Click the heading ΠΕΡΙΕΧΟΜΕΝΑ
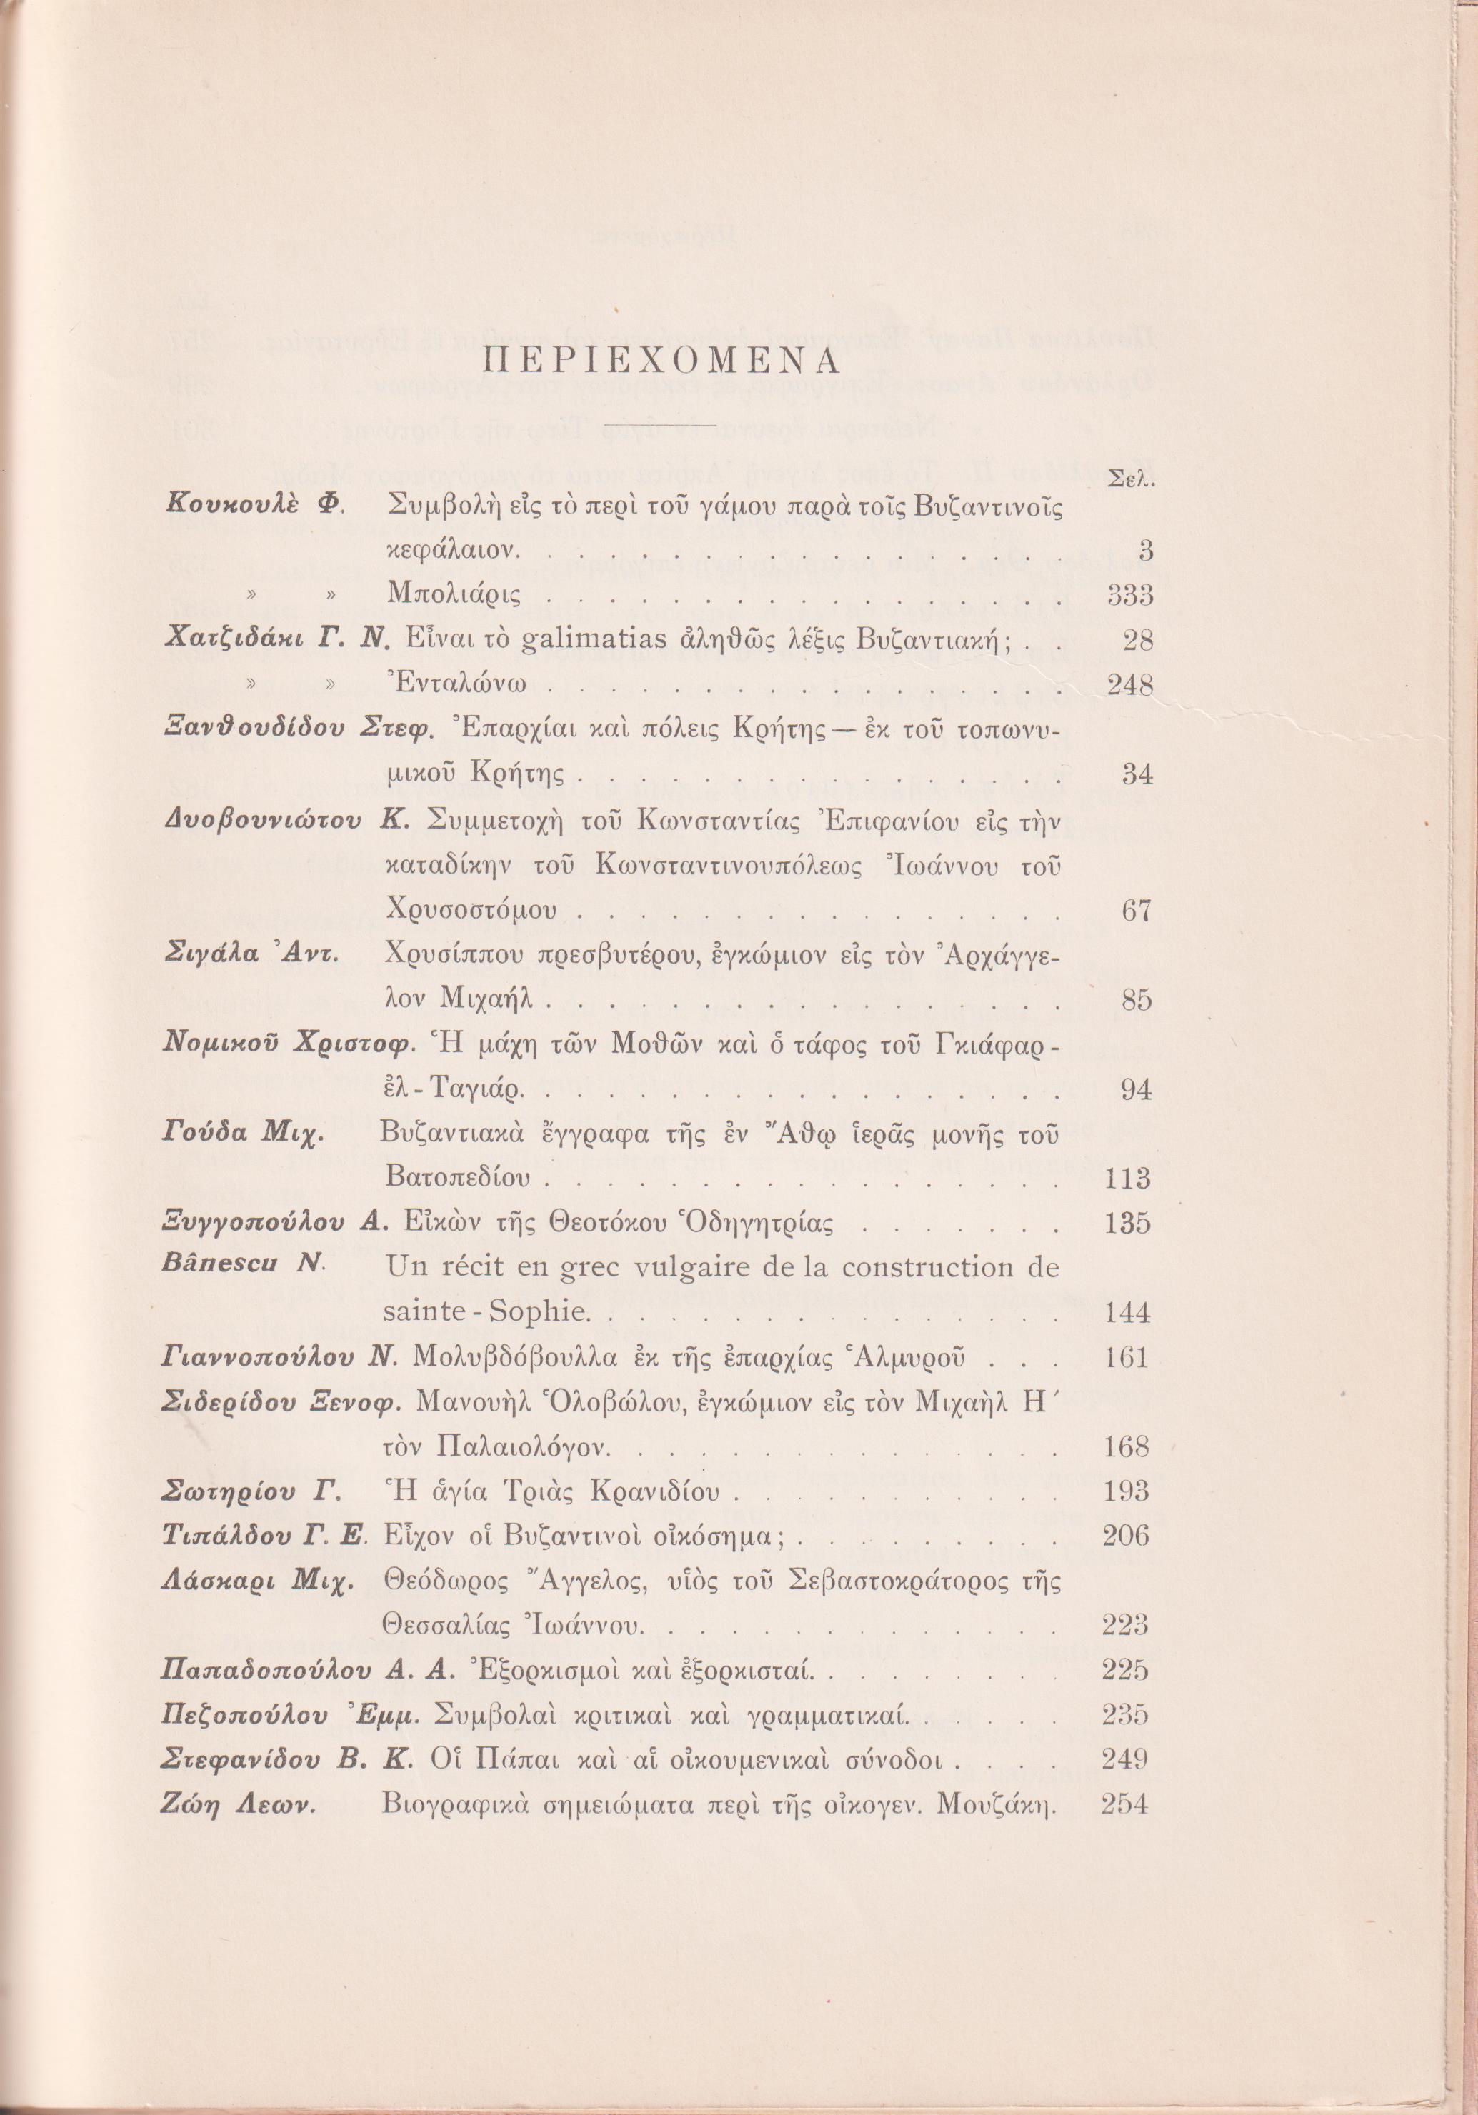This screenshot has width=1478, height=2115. tap(661, 362)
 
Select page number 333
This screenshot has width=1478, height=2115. tap(1129, 596)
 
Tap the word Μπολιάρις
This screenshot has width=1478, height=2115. tap(454, 596)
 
